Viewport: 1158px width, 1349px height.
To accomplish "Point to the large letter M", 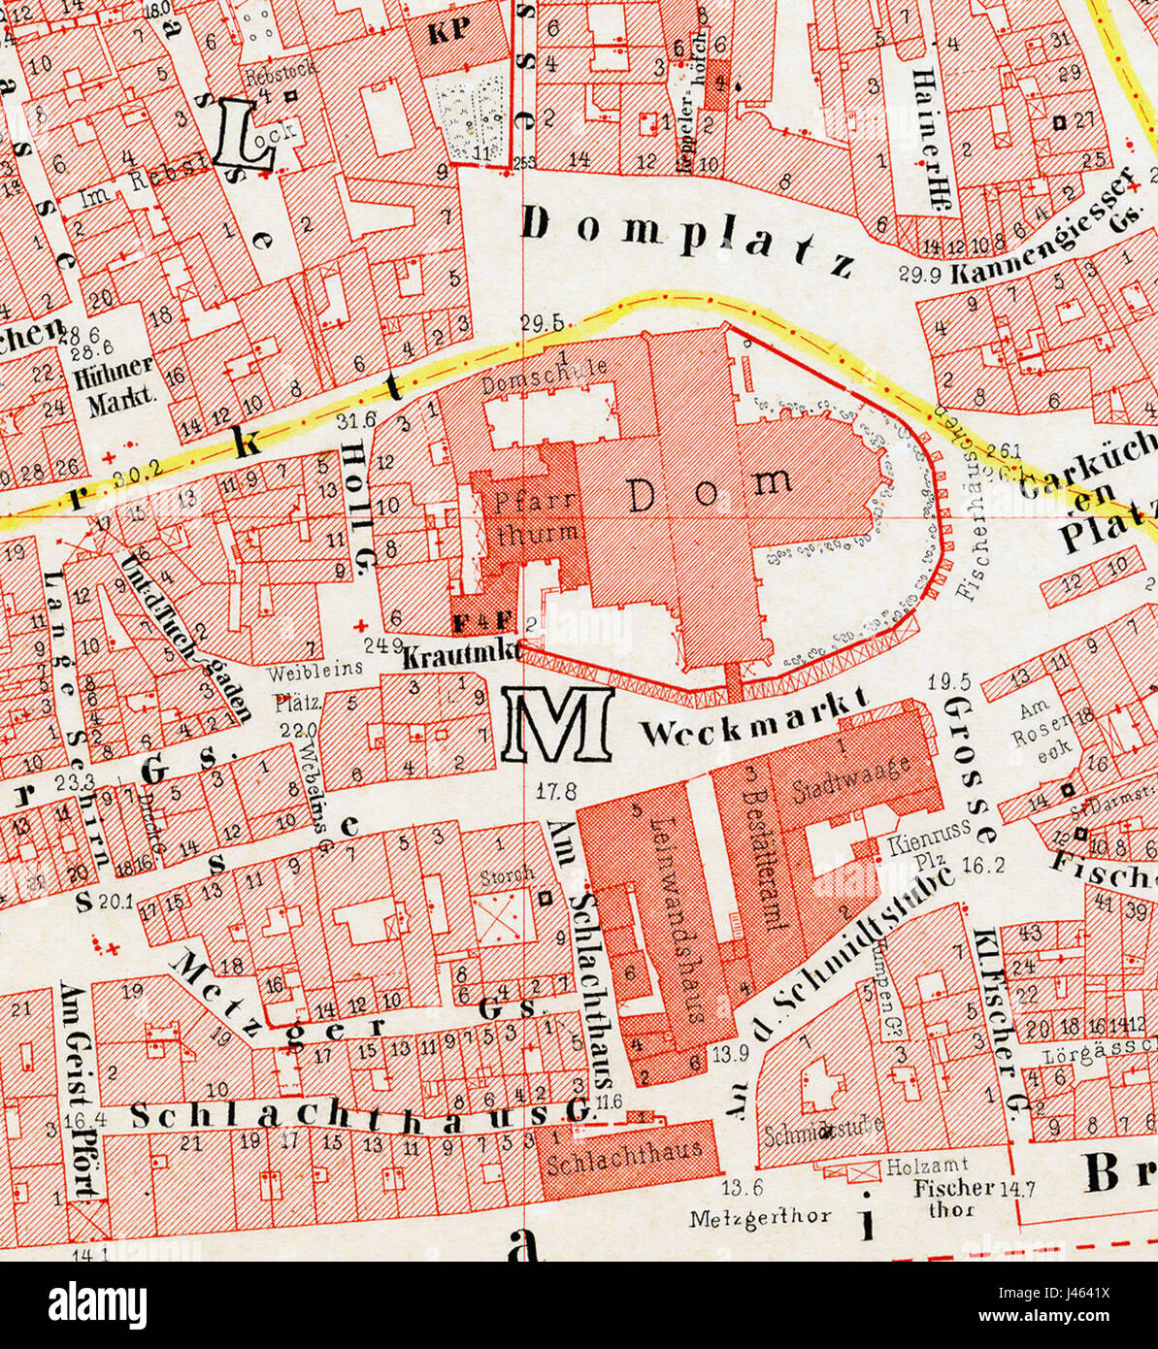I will point(557,725).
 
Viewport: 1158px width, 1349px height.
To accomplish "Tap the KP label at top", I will point(447,28).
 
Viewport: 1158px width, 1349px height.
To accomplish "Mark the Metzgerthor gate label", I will point(760,1216).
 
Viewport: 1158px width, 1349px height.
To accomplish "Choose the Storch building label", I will point(506,874).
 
